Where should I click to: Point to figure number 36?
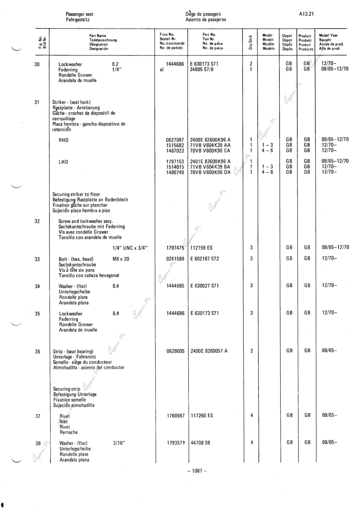point(38,351)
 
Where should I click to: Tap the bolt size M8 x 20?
point(121,259)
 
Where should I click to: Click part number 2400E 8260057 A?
point(209,351)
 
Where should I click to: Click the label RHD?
point(64,140)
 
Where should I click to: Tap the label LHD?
point(64,161)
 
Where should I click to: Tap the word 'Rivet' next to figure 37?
point(64,416)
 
